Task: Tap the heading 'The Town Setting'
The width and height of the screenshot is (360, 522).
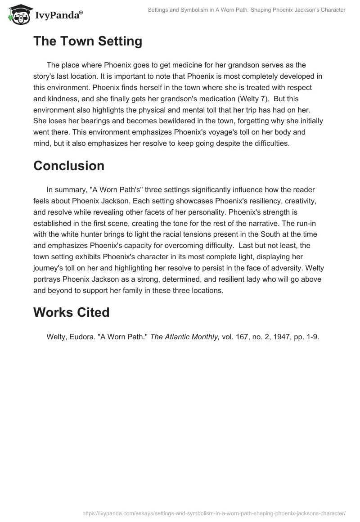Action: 88,41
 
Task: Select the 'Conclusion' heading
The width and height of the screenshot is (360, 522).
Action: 69,166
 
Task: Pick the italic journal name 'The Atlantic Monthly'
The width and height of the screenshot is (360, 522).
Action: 185,337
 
